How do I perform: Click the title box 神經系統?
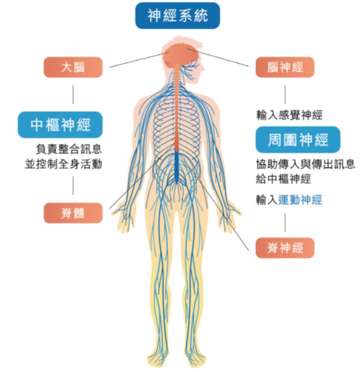point(177,16)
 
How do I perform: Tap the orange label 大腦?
point(73,68)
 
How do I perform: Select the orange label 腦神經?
point(285,68)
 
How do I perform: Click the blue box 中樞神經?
point(60,125)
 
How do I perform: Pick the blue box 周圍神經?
point(298,140)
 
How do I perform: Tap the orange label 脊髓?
point(73,213)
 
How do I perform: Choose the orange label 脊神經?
point(285,248)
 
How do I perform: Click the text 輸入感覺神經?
point(289,116)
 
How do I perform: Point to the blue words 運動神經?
point(300,200)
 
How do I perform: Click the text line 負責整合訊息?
point(69,149)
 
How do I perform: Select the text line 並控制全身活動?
point(64,164)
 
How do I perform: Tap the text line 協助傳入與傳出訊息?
point(305,164)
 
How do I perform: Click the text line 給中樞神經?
point(283,179)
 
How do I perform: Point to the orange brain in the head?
point(181,57)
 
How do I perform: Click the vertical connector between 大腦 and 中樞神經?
point(73,95)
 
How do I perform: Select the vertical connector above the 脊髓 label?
point(73,185)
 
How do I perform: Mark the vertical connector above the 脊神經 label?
point(285,222)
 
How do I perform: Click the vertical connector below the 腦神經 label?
point(285,95)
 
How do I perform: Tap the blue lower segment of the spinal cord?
point(177,167)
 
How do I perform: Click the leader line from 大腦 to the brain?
point(138,60)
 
